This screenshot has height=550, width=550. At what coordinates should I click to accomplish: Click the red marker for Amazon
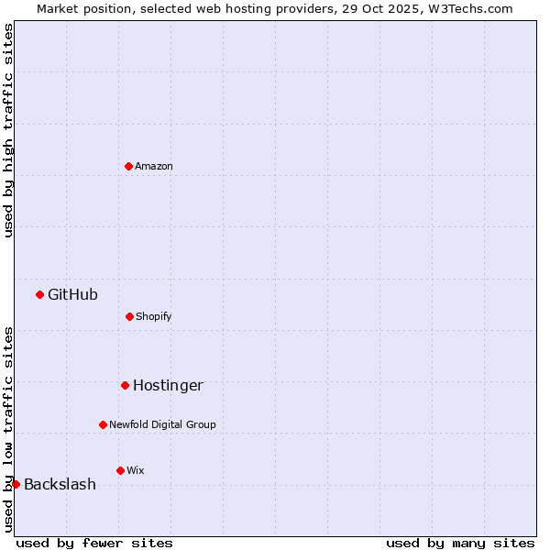tap(128, 166)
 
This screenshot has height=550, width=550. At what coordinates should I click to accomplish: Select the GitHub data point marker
tap(39, 294)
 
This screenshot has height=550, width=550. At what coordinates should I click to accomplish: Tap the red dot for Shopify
tap(129, 316)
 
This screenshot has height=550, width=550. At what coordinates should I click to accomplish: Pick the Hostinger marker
tap(125, 385)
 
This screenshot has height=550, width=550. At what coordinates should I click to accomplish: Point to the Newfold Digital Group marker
tap(103, 424)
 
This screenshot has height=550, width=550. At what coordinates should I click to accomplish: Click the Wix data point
tap(120, 470)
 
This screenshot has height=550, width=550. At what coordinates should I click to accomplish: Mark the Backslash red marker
tap(16, 484)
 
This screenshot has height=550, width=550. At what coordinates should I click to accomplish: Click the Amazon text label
tap(154, 166)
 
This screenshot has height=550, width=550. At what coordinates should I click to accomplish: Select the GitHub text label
tap(72, 294)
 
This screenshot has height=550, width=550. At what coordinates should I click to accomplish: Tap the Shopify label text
tap(154, 316)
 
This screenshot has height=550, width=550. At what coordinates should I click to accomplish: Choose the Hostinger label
tap(168, 385)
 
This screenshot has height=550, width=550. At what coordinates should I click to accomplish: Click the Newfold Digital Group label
tap(162, 424)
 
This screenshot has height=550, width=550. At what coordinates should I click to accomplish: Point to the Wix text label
tap(136, 470)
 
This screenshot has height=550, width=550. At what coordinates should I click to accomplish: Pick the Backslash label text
tap(60, 484)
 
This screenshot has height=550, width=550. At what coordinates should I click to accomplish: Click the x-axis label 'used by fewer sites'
tap(94, 543)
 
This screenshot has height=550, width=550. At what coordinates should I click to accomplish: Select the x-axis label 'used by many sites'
tap(460, 543)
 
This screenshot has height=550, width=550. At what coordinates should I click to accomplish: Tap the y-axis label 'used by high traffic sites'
tap(8, 130)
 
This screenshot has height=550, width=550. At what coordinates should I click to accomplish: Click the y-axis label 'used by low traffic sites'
tap(8, 428)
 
